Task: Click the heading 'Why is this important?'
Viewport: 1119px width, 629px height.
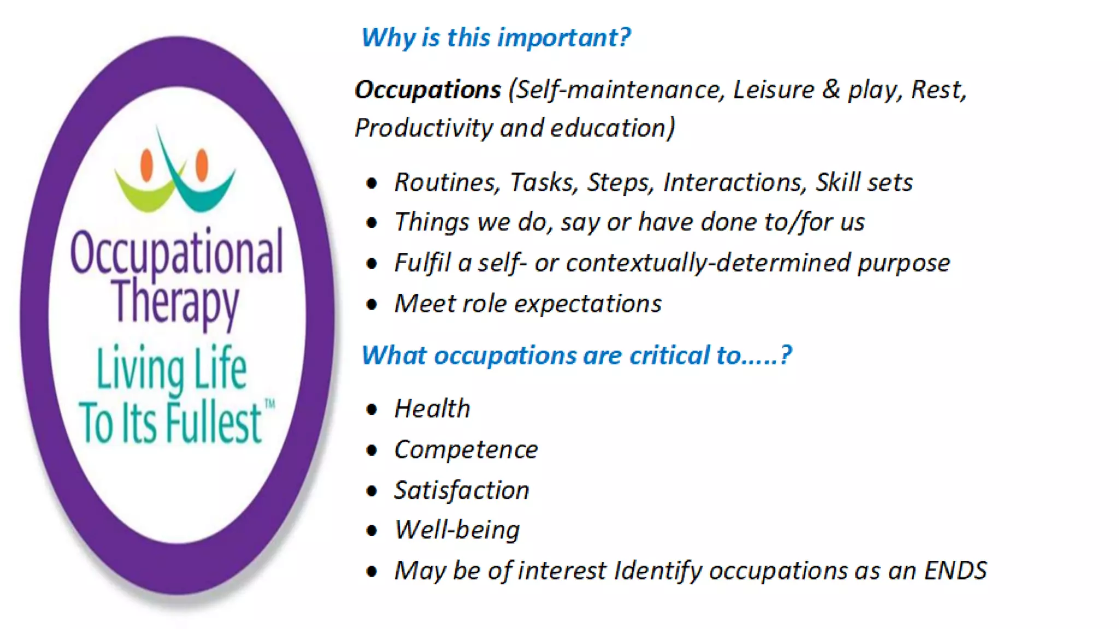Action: pos(496,38)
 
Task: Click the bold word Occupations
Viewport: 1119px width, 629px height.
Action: pos(427,90)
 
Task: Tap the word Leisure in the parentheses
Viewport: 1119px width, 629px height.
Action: pos(773,90)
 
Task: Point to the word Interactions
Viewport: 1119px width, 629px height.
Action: pos(734,182)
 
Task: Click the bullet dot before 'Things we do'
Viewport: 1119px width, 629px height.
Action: pos(372,223)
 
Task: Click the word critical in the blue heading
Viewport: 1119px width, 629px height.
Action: pos(669,355)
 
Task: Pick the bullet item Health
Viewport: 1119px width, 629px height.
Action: pos(432,408)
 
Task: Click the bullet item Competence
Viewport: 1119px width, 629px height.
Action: pos(466,449)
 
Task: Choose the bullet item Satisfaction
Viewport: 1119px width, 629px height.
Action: pos(462,490)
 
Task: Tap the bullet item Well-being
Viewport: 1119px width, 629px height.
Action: pos(457,530)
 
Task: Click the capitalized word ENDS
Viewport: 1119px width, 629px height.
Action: pos(955,571)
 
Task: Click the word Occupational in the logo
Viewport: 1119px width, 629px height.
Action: pos(176,252)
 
